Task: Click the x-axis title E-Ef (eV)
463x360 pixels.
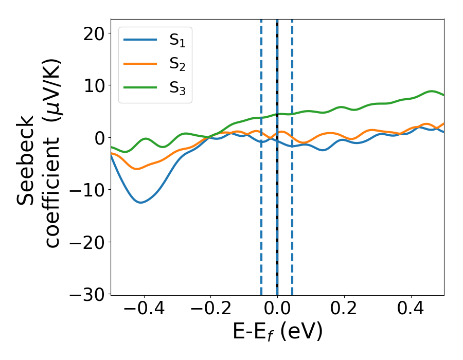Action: (277, 332)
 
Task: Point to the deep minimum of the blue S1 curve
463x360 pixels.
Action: (140, 202)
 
